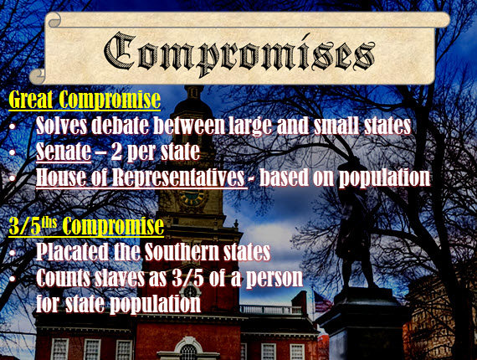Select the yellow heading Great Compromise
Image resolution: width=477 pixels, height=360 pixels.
pos(84,100)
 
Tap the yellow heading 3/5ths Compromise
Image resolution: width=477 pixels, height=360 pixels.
pos(86,226)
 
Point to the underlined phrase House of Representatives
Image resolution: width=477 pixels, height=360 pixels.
pos(141,178)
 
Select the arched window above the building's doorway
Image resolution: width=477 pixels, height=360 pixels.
pos(189,349)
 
